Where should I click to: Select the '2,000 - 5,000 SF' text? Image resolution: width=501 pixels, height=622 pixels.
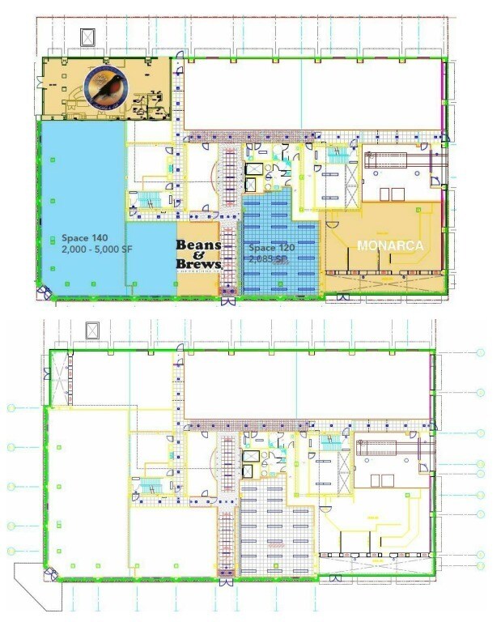(x=91, y=249)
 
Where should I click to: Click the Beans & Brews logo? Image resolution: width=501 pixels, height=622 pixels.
(x=198, y=255)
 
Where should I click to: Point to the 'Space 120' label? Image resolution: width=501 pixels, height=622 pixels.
(x=272, y=248)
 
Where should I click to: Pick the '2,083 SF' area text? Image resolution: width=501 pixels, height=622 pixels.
(x=268, y=259)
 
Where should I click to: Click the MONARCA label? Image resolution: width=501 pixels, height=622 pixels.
(x=391, y=245)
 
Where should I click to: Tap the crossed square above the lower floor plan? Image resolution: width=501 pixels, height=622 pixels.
(x=91, y=330)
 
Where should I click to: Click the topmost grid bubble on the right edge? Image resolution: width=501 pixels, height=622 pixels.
(x=480, y=353)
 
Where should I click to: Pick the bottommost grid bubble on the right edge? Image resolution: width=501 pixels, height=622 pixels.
(x=480, y=565)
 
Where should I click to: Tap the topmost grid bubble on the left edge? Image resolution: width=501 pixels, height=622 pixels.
(x=11, y=408)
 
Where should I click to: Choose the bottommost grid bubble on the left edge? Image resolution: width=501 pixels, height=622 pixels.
(x=11, y=551)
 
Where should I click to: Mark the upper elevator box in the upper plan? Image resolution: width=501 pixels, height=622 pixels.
(x=253, y=169)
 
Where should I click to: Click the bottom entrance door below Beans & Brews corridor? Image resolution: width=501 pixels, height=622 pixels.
(x=227, y=302)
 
